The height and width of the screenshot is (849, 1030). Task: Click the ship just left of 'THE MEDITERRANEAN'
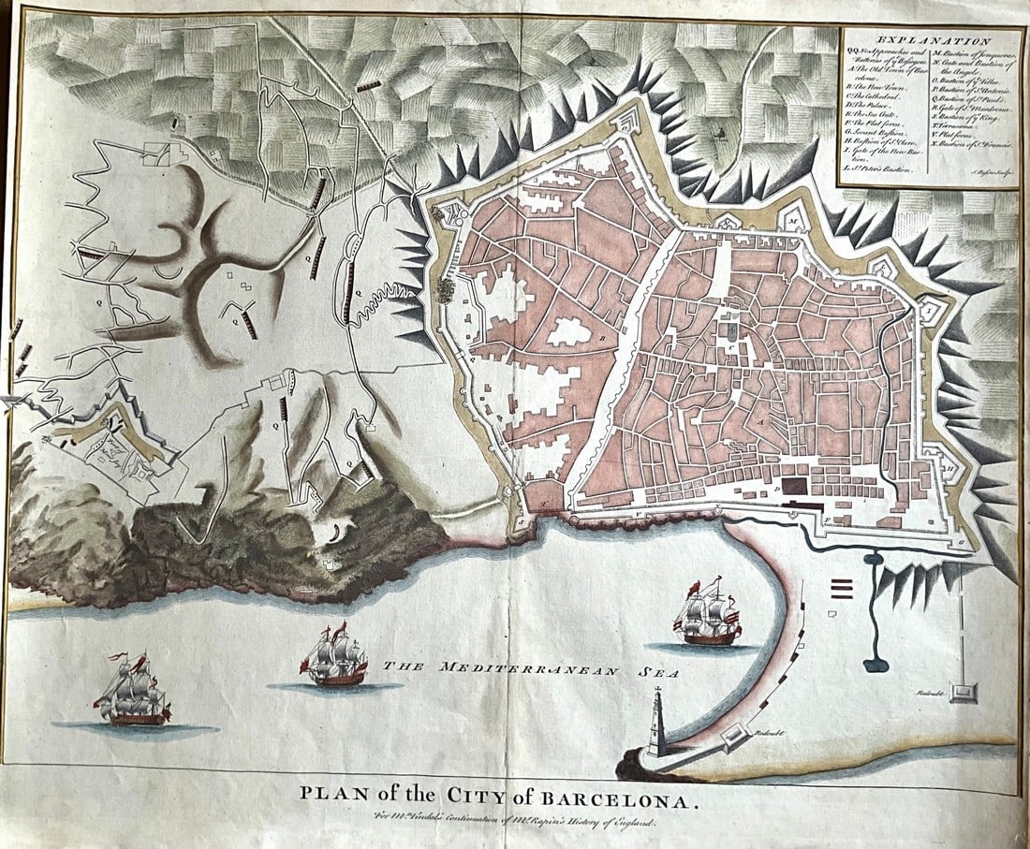[x=334, y=657]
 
